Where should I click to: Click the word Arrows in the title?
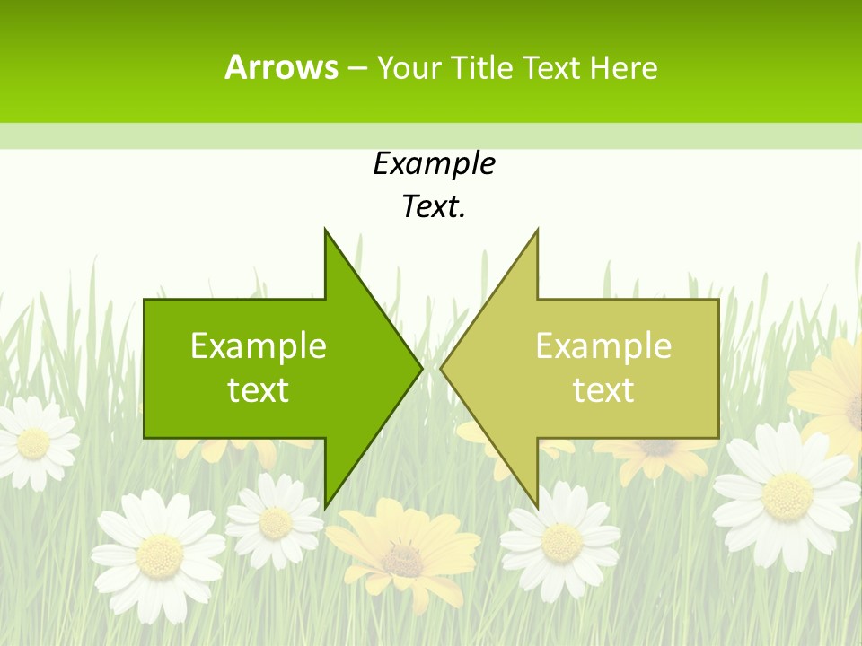click(281, 67)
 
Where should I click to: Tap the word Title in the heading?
click(484, 67)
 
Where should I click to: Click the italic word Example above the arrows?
click(434, 163)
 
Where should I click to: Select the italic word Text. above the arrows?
click(434, 206)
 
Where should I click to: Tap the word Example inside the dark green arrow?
click(259, 345)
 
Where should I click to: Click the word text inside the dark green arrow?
click(259, 389)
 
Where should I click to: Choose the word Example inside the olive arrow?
click(603, 345)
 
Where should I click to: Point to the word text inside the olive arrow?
click(603, 389)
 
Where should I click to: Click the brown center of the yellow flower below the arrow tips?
click(404, 559)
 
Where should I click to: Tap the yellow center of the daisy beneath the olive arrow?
click(561, 541)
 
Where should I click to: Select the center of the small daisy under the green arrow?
click(275, 522)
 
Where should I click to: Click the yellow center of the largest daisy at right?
click(787, 495)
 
